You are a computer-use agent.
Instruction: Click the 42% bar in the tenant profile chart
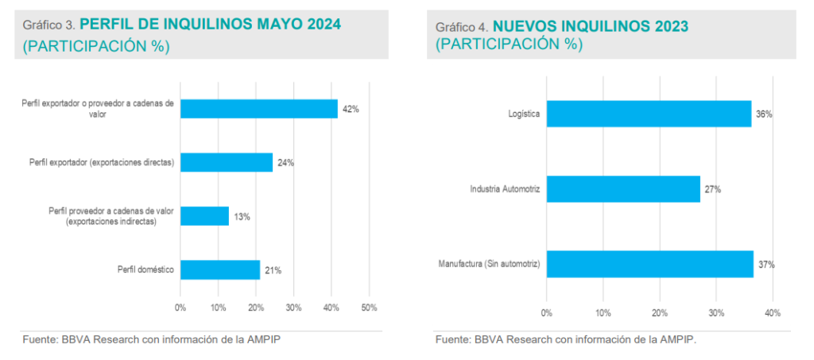pos(259,109)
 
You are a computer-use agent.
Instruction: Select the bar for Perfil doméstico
pos(220,270)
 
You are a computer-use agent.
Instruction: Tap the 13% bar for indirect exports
pos(204,216)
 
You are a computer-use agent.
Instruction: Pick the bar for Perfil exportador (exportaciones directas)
pos(227,163)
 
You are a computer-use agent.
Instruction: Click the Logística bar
pos(649,114)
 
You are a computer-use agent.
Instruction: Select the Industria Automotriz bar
pos(623,189)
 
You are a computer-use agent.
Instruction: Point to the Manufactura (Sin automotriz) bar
pos(649,264)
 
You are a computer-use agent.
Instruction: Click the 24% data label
pos(286,163)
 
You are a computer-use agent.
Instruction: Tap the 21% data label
pos(273,270)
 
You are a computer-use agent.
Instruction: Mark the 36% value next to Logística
pos(764,114)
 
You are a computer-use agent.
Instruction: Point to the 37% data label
pos(766,264)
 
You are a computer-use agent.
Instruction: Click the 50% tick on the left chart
pos(368,308)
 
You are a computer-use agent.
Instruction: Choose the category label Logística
pos(524,114)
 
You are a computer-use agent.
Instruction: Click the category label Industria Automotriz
pos(505,189)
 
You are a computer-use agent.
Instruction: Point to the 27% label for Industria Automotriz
pos(713,189)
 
